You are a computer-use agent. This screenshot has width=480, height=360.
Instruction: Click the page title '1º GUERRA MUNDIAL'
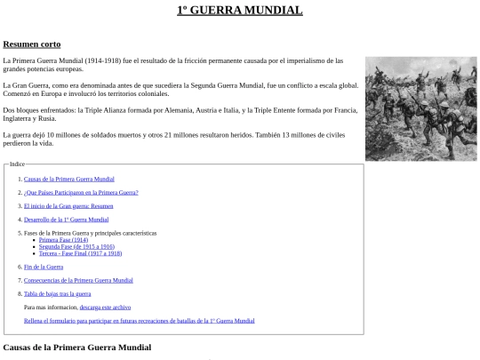[239, 11]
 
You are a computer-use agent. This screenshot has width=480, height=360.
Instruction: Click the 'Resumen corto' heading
[32, 44]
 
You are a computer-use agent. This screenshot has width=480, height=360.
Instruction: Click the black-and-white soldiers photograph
[421, 108]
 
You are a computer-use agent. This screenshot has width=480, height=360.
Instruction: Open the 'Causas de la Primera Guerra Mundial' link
[69, 179]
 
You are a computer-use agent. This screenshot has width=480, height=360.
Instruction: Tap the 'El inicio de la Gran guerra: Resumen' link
[68, 205]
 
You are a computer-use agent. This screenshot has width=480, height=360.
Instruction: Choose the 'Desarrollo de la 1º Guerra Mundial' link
[67, 219]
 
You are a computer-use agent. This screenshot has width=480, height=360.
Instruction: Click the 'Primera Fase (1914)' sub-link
[63, 240]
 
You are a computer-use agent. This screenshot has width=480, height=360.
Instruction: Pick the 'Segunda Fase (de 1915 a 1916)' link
[76, 246]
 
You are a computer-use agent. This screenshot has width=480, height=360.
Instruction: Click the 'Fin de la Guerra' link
[44, 267]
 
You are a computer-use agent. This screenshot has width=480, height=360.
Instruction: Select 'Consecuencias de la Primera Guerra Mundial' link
[78, 280]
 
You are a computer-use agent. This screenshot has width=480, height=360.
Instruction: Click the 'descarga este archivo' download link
[105, 307]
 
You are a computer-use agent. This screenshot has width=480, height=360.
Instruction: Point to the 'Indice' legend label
[18, 164]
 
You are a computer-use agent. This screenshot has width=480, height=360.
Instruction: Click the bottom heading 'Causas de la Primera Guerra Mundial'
[77, 347]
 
